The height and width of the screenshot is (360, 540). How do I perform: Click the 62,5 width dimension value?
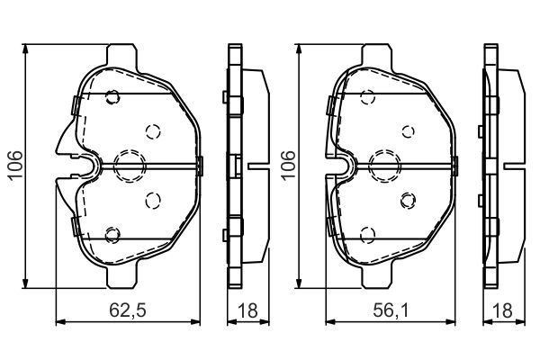[x=128, y=310]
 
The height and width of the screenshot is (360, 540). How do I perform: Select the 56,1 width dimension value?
[x=391, y=310]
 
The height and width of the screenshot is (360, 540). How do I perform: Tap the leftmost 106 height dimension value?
[x=16, y=166]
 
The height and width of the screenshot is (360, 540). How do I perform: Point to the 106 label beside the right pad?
[x=289, y=166]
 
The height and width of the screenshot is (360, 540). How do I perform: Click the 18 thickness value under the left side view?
[x=247, y=310]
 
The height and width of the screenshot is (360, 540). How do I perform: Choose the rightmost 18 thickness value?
[x=502, y=310]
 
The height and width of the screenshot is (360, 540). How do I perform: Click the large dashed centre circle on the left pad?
[x=130, y=166]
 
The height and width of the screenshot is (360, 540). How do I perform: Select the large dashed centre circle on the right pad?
[x=384, y=166]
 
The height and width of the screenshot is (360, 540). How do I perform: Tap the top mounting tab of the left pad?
[x=121, y=55]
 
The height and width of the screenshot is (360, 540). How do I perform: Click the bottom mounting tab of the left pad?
[x=121, y=277]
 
